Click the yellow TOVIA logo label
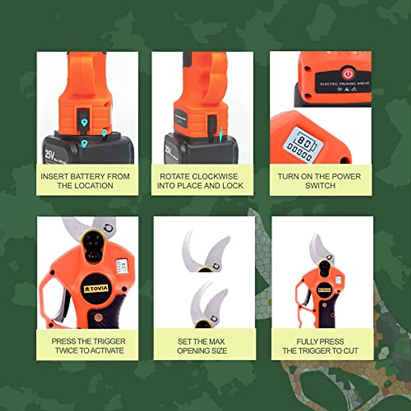tap(96, 289)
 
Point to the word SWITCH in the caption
tap(320, 186)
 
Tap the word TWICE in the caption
tap(67, 350)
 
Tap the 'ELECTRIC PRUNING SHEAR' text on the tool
tap(345, 83)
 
